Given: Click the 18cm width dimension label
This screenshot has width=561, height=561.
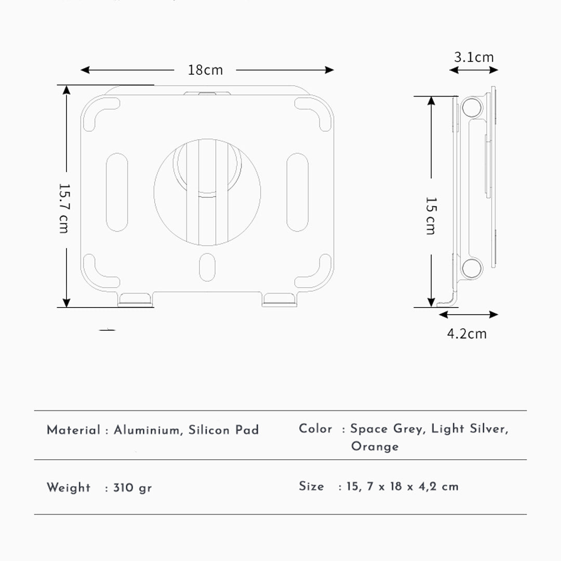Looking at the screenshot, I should point(205,70).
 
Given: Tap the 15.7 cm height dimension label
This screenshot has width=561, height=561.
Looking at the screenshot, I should point(64,208).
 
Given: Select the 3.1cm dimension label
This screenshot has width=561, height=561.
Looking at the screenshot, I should point(474,57).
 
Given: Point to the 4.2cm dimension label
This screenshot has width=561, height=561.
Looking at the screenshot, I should point(467,333).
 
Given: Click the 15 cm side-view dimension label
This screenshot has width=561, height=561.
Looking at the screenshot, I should point(431,216).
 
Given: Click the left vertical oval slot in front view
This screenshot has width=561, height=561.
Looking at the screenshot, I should point(117,192).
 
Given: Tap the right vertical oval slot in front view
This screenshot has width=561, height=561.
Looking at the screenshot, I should point(297,192).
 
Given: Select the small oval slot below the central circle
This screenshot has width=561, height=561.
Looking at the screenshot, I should point(207,268).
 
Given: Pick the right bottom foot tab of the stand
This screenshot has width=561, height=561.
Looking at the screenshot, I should point(279,300).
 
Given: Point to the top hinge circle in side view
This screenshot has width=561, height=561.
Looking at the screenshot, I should point(471,108).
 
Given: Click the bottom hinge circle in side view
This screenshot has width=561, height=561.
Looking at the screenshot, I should point(471,268).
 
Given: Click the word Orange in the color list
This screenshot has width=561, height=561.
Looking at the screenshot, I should point(375,447).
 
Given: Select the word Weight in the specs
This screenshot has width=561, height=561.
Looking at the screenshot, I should point(69,488).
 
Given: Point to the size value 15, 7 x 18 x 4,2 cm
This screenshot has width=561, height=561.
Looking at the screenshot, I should point(403,487).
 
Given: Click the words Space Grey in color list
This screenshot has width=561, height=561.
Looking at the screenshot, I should point(386,429).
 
